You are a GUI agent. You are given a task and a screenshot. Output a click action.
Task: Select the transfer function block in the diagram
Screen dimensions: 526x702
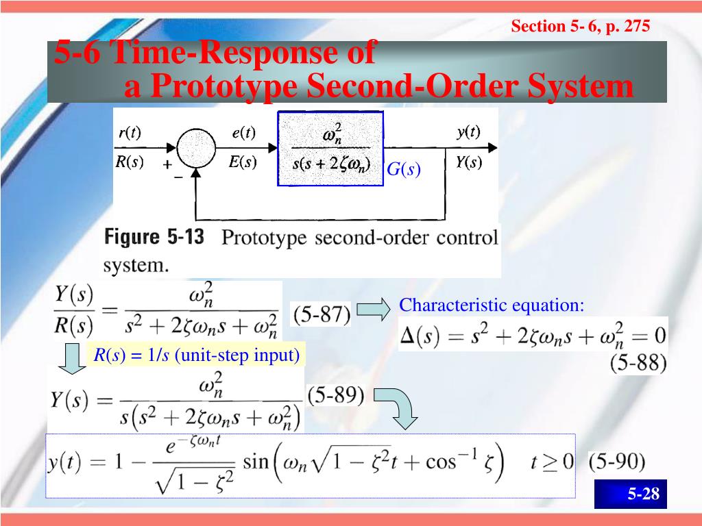pyautogui.click(x=330, y=149)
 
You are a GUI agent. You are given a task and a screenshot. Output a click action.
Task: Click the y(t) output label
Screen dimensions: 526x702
pyautogui.click(x=469, y=132)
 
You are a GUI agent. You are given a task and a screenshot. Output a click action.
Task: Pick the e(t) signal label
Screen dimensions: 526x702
pyautogui.click(x=243, y=133)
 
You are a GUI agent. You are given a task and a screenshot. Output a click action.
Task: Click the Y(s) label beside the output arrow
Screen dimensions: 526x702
pyautogui.click(x=469, y=163)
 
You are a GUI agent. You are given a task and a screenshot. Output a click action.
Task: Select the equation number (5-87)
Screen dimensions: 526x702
pyautogui.click(x=321, y=314)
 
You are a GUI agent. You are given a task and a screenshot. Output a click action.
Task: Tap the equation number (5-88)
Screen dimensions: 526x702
pyautogui.click(x=638, y=362)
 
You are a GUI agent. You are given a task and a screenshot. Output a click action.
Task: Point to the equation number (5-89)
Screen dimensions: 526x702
pyautogui.click(x=335, y=396)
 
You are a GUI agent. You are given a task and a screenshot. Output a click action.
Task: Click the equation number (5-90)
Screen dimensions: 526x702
pyautogui.click(x=616, y=462)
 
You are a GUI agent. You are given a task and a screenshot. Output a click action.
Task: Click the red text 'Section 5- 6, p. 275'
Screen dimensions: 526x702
pyautogui.click(x=580, y=27)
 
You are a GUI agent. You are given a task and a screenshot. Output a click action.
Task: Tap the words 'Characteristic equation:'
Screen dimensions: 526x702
pyautogui.click(x=492, y=305)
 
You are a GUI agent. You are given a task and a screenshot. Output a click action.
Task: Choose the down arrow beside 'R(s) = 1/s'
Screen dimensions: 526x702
pyautogui.click(x=71, y=358)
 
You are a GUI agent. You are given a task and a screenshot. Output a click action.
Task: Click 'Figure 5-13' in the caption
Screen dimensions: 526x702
pyautogui.click(x=154, y=238)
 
